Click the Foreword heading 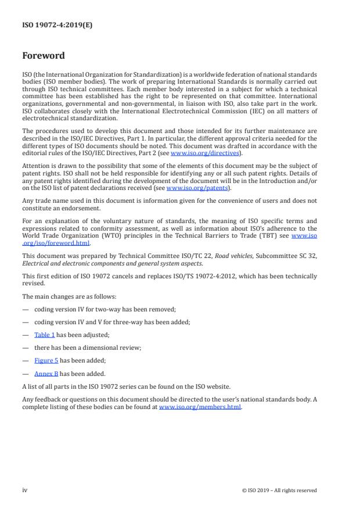click(43, 56)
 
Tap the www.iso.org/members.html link click(200, 407)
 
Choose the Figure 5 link click(46, 360)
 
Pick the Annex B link click(46, 373)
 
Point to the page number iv click(25, 490)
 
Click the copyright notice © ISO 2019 click(279, 490)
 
